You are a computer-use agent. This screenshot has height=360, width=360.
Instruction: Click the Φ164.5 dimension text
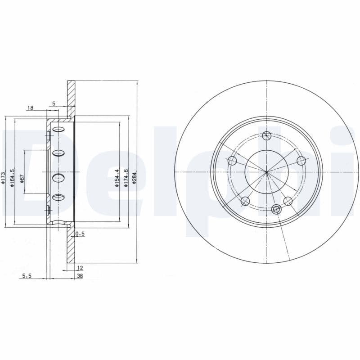click(x=13, y=176)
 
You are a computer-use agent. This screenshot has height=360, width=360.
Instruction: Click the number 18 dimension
click(x=31, y=108)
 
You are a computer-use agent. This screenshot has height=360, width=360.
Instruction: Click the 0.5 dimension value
click(x=80, y=234)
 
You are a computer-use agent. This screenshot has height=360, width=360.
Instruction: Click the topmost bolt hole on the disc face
click(x=267, y=135)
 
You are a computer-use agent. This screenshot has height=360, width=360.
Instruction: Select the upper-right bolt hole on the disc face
click(x=301, y=161)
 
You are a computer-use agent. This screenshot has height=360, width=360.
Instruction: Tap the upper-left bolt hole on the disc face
click(x=232, y=161)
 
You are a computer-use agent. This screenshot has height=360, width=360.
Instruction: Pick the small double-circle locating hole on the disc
click(x=276, y=209)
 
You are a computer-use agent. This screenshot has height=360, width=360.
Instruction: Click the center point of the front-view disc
click(x=267, y=172)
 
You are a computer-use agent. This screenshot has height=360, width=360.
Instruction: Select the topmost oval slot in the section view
click(x=59, y=130)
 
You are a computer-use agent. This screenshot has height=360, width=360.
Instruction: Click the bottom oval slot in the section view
click(x=59, y=197)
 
